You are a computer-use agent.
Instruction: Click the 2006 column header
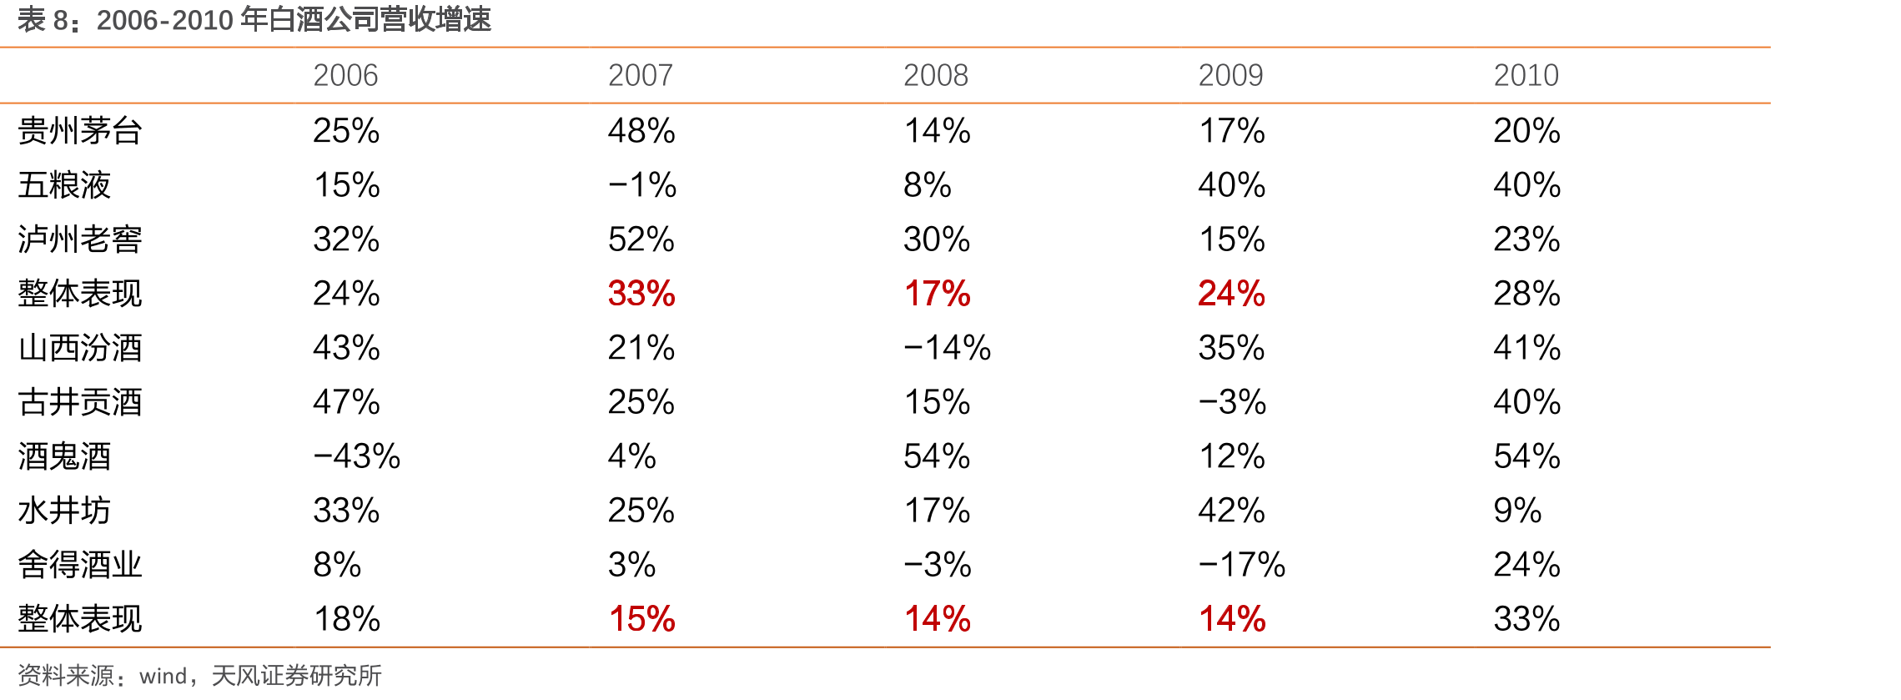point(345,76)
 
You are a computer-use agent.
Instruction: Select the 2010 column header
point(1526,76)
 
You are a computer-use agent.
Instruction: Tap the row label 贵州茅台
point(80,131)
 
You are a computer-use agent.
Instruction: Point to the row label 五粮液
point(64,185)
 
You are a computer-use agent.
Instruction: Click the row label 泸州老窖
point(80,239)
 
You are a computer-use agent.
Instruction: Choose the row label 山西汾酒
point(80,348)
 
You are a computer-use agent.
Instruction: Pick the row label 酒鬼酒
point(64,456)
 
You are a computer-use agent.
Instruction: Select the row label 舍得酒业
point(80,565)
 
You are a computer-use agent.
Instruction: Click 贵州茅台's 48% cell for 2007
point(641,131)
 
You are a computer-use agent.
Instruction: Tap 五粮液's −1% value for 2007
point(642,185)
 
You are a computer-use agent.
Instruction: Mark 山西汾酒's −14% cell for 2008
point(948,348)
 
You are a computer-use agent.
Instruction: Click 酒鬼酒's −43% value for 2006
point(357,456)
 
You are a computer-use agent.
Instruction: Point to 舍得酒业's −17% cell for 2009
point(1242,565)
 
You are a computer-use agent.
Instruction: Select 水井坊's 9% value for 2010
point(1517,511)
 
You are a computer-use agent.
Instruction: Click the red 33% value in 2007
point(641,294)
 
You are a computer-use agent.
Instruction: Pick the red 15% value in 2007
point(641,619)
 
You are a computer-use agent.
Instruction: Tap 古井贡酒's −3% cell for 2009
point(1233,402)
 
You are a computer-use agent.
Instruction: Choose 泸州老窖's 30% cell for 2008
point(937,239)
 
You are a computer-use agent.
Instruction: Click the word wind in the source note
point(163,676)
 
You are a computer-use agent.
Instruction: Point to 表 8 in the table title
point(43,19)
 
